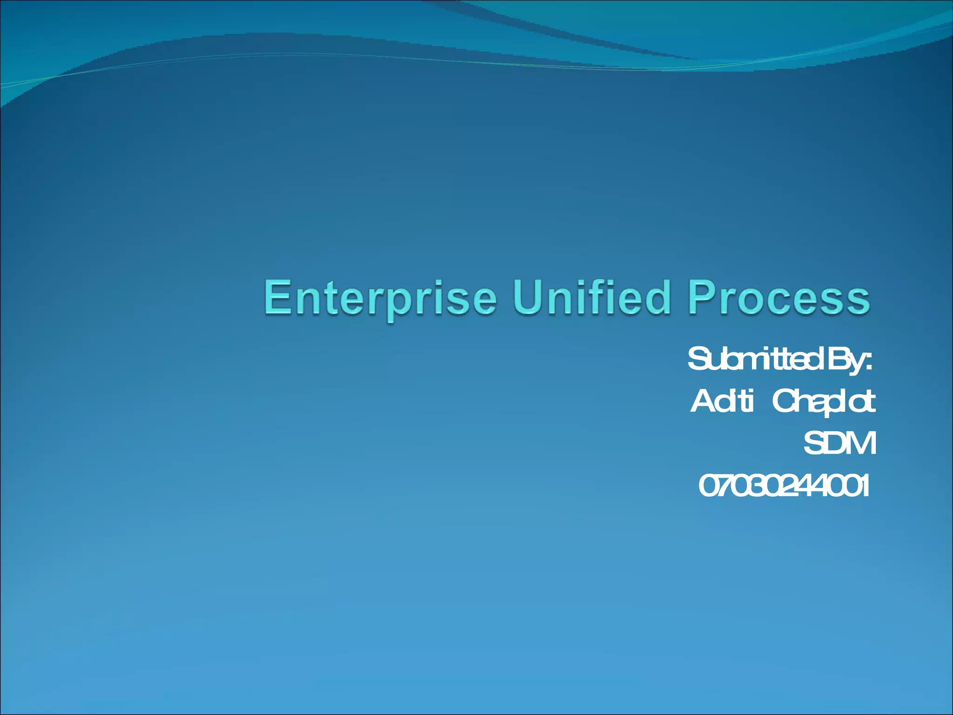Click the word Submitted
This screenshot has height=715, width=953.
click(x=754, y=359)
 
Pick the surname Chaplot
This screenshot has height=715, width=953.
click(x=824, y=402)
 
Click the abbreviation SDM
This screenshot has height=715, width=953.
click(x=839, y=443)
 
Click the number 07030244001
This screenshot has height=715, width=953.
click(x=784, y=486)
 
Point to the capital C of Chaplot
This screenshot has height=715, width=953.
click(x=784, y=401)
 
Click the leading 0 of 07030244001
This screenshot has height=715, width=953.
click(x=708, y=486)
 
